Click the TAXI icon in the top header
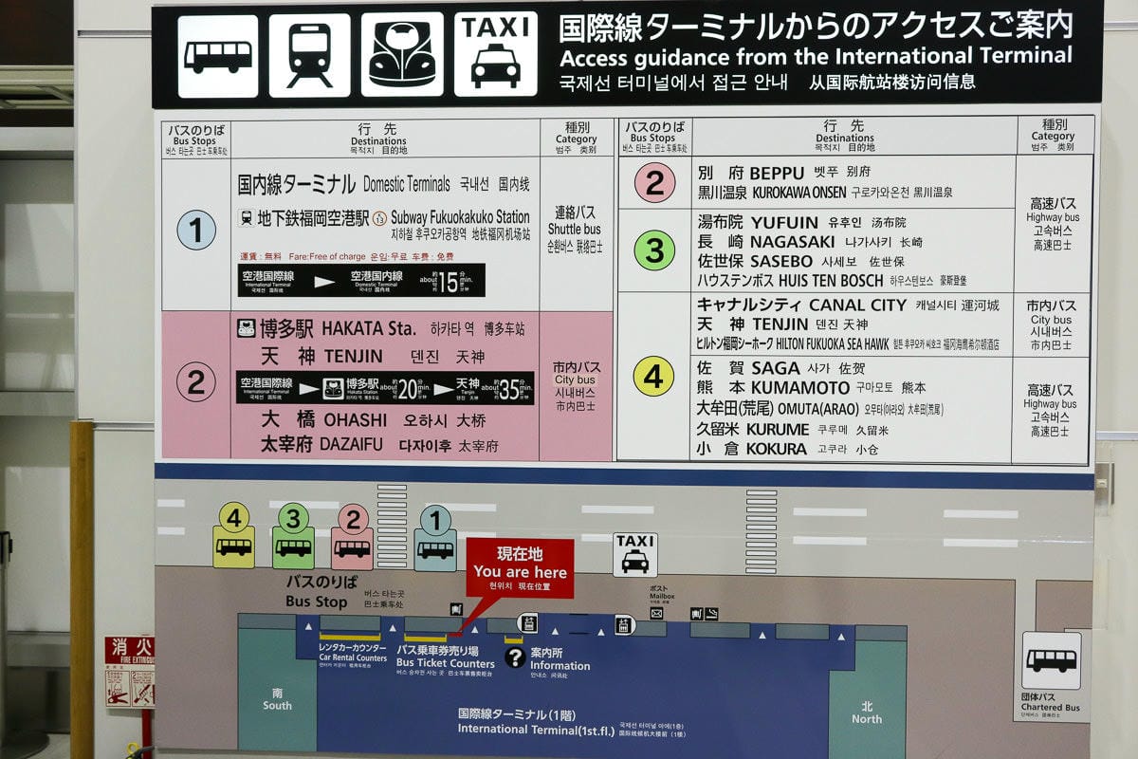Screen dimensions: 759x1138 (495, 54)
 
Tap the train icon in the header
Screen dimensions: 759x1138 (309, 55)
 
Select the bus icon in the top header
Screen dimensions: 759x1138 (217, 55)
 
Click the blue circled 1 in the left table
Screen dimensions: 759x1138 (196, 231)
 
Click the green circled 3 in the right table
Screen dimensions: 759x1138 (653, 250)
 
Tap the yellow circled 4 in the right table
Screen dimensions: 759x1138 (653, 377)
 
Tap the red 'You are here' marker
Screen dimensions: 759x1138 (520, 568)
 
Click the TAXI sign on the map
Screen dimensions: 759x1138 (634, 553)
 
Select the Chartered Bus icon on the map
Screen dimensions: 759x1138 (1051, 660)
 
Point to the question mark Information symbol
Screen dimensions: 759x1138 (515, 657)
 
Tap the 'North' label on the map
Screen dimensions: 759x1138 (866, 713)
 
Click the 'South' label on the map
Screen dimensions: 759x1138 (277, 699)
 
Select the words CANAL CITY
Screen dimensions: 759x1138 (851, 305)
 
